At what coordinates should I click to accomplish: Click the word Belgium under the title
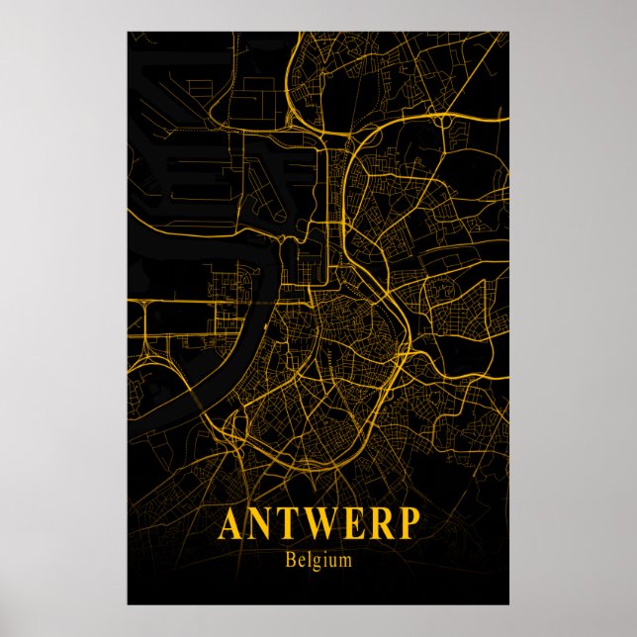point(318,561)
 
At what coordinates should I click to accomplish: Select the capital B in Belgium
point(289,560)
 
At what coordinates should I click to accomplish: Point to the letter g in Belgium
point(314,563)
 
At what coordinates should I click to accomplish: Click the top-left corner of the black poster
point(128,32)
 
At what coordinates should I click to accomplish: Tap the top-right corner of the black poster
point(509,32)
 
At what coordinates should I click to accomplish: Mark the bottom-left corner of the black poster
point(128,604)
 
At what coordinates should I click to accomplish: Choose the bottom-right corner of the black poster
point(509,604)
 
